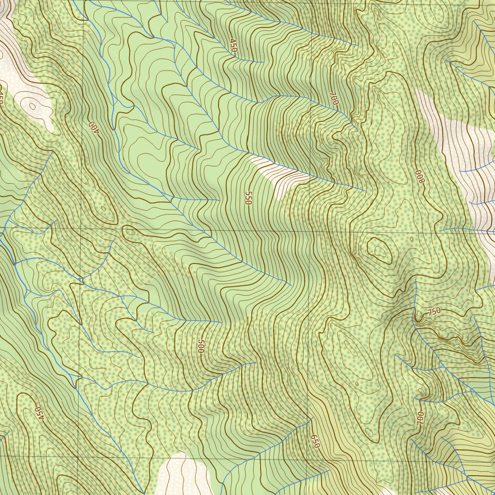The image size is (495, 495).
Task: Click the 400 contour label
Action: [x=93, y=127]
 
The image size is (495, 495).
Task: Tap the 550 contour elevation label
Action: [x=248, y=198]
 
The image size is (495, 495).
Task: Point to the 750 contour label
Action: [x=434, y=312]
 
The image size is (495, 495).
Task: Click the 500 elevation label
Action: [x=201, y=346]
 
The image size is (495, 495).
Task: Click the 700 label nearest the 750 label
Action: [x=420, y=418]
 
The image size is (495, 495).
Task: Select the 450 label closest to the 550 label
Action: [x=233, y=46]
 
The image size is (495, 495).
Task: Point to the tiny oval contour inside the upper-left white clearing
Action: [x=32, y=105]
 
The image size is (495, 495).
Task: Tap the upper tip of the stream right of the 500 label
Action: [x=255, y=363]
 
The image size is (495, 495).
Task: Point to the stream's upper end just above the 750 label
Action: [x=416, y=279]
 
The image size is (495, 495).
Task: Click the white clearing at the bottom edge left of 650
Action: [x=181, y=476]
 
